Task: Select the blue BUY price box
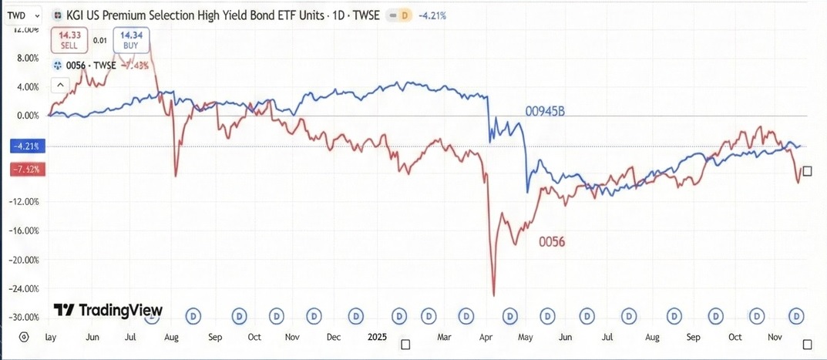[x=131, y=40]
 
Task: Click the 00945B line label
[x=545, y=112]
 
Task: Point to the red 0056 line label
[x=553, y=242]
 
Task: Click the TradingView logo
[x=108, y=310]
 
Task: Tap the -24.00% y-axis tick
[x=23, y=288]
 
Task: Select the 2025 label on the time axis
[x=378, y=338]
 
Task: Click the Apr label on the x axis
[x=486, y=338]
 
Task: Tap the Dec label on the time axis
[x=334, y=338]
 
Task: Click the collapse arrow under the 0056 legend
[x=59, y=86]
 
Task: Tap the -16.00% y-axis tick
[x=23, y=230]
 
